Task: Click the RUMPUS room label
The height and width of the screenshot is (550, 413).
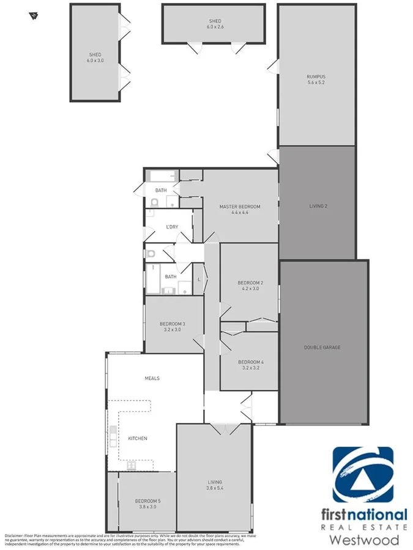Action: click(316, 76)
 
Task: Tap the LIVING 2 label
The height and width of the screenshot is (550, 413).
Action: click(318, 206)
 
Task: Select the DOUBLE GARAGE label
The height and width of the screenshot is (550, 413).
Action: click(322, 348)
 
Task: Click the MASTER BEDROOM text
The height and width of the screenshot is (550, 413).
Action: click(240, 207)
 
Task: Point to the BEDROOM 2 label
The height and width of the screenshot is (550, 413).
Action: click(250, 282)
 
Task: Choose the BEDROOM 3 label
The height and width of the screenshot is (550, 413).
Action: click(173, 324)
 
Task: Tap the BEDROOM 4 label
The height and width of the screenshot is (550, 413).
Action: click(250, 361)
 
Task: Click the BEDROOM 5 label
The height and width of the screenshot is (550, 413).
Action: click(147, 501)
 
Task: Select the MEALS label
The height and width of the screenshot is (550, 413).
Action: click(152, 378)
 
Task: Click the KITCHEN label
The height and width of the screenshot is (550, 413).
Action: click(137, 438)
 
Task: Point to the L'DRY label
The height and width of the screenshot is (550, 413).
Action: click(172, 227)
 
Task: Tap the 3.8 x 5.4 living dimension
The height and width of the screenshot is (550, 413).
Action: click(214, 489)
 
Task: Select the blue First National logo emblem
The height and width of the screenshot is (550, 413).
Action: click(363, 474)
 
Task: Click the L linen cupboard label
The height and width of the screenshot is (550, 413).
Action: click(198, 279)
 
